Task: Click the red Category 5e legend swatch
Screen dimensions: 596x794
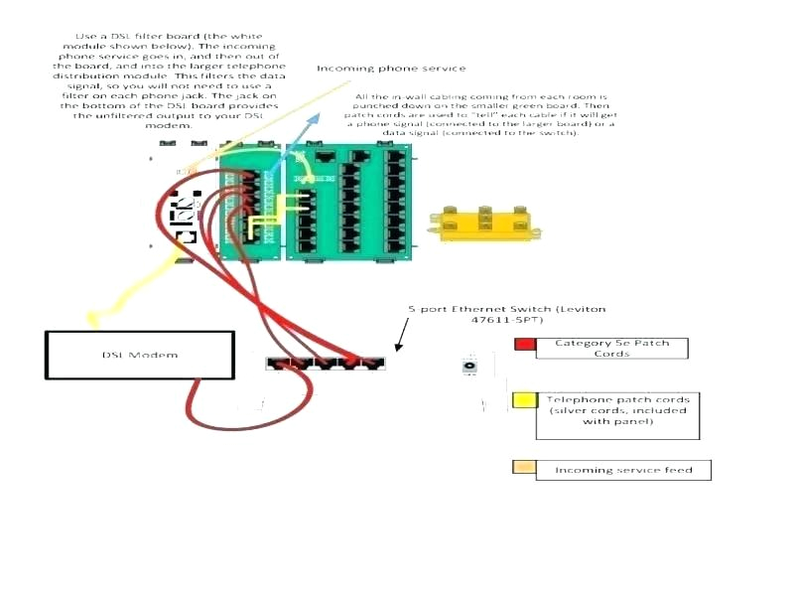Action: click(x=524, y=346)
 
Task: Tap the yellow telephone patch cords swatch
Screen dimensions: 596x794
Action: click(x=523, y=401)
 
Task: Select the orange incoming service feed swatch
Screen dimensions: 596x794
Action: click(x=523, y=468)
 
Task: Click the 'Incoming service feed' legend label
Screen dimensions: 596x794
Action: click(x=623, y=470)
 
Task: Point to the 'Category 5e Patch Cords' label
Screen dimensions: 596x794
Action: click(x=611, y=348)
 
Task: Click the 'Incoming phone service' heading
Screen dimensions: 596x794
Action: click(x=390, y=69)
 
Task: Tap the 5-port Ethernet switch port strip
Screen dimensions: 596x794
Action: click(x=327, y=363)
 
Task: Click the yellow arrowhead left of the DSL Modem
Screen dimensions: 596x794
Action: click(x=92, y=319)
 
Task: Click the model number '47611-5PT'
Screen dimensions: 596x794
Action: click(x=506, y=321)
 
